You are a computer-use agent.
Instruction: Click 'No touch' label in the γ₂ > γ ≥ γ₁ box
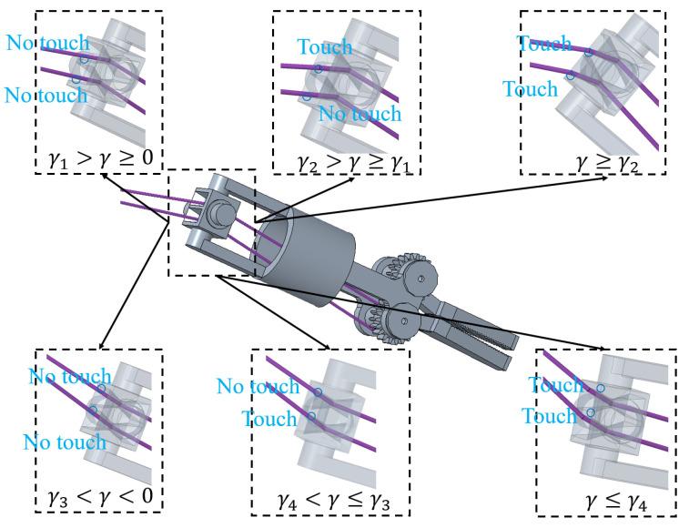[360, 114]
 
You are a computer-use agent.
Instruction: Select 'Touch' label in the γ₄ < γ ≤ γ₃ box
[269, 419]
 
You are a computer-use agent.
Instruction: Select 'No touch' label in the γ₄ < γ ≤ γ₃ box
[258, 387]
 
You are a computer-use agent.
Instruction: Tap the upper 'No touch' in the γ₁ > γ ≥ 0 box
[47, 43]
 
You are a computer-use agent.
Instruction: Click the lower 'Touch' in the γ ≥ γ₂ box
[530, 89]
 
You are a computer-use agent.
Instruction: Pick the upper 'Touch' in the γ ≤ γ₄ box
[555, 386]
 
